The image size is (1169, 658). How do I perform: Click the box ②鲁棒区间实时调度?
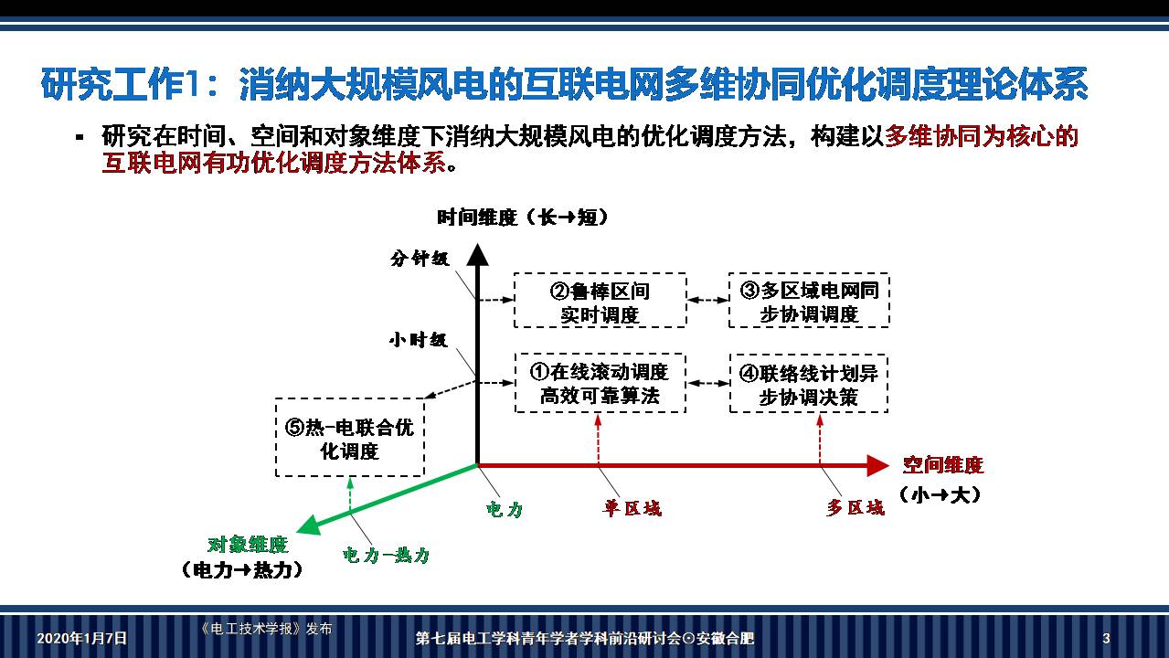pyautogui.click(x=600, y=301)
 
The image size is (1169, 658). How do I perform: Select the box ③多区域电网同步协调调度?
pyautogui.click(x=809, y=301)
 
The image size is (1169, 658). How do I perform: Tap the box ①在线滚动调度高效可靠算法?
pyautogui.click(x=600, y=383)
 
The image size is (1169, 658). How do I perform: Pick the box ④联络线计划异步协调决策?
pyautogui.click(x=809, y=383)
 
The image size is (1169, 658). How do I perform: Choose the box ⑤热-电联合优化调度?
pyautogui.click(x=350, y=438)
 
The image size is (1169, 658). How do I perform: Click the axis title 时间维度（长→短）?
pyautogui.click(x=523, y=218)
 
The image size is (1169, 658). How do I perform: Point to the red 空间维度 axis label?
pyautogui.click(x=943, y=465)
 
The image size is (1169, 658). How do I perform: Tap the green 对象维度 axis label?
pyautogui.click(x=248, y=546)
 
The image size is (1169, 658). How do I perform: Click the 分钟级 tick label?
pyautogui.click(x=420, y=259)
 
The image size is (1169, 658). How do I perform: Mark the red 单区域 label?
pyautogui.click(x=632, y=508)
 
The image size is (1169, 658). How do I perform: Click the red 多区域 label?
pyautogui.click(x=855, y=508)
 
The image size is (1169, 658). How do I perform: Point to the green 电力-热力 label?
pyautogui.click(x=386, y=555)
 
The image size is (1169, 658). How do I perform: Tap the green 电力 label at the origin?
pyautogui.click(x=505, y=508)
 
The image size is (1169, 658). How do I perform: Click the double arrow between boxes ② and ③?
pyautogui.click(x=707, y=300)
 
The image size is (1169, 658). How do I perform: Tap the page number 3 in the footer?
pyautogui.click(x=1106, y=638)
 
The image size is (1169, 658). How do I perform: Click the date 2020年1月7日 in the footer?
pyautogui.click(x=82, y=638)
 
